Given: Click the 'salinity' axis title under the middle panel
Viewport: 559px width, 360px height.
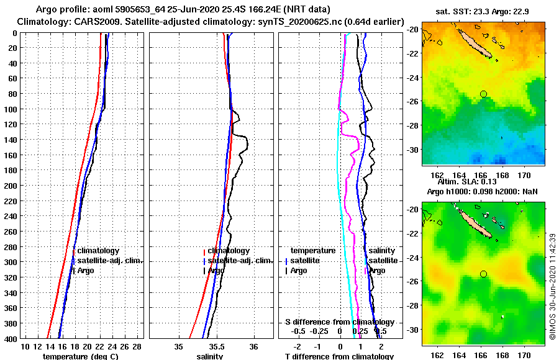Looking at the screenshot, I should coord(210,356).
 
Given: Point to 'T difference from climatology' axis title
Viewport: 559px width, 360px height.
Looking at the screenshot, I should coord(339,356).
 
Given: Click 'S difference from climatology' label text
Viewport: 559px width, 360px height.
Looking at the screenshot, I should coord(339,322).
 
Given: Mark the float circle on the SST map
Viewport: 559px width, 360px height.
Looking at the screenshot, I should coord(483,94).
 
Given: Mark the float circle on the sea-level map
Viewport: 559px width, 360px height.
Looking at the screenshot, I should coord(483,274).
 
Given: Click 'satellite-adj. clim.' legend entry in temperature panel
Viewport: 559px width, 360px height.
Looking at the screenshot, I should coord(109,261).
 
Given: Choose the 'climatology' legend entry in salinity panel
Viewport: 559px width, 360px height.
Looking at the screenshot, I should coord(229,251).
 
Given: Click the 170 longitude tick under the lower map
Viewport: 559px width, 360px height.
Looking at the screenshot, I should coord(523,355).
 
